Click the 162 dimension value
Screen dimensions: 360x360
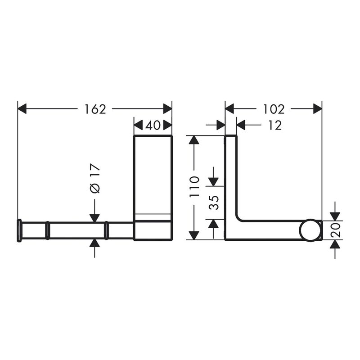95,109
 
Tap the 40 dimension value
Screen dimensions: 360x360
153,126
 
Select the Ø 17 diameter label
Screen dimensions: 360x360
94,178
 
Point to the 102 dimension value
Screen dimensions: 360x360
274,109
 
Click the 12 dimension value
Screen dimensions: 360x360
274,126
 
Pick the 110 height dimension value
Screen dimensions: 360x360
194,186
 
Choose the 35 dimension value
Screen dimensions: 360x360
214,203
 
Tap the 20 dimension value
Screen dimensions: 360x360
335,230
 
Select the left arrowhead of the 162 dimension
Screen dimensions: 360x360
22,109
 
